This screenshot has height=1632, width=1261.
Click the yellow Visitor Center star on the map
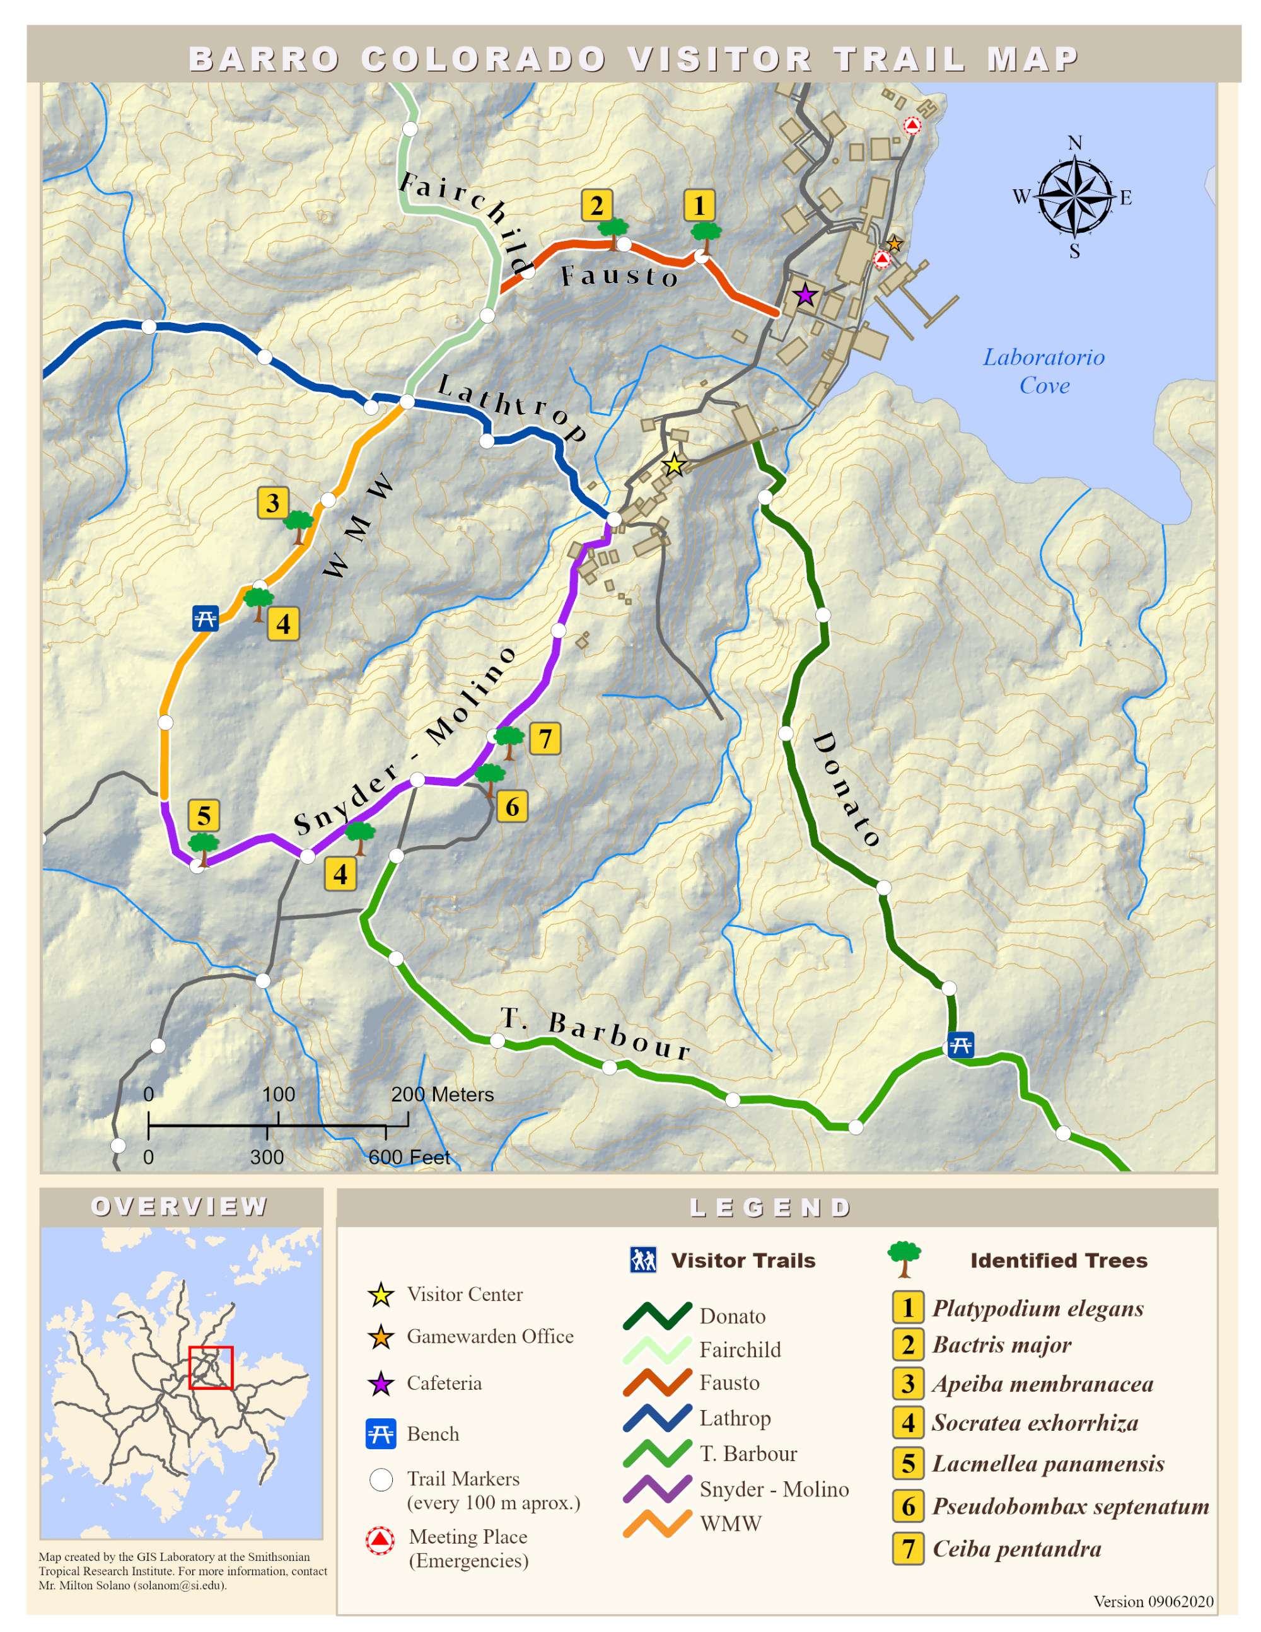674,465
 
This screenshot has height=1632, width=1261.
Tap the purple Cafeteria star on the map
805,295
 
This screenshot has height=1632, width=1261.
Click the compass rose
1074,197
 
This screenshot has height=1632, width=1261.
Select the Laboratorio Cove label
1043,371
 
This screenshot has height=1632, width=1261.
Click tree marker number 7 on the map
545,738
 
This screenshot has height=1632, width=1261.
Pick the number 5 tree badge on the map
204,815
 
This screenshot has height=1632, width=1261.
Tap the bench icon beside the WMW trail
206,619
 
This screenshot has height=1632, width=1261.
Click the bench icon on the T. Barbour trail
960,1045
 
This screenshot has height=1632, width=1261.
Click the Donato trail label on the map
845,788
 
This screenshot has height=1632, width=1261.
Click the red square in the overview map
211,1368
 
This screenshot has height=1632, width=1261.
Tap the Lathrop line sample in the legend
658,1418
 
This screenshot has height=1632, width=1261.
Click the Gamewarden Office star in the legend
380,1337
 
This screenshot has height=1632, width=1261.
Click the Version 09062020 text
1153,1601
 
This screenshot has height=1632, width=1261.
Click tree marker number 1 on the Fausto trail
700,206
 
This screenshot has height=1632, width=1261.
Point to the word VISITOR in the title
719,60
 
